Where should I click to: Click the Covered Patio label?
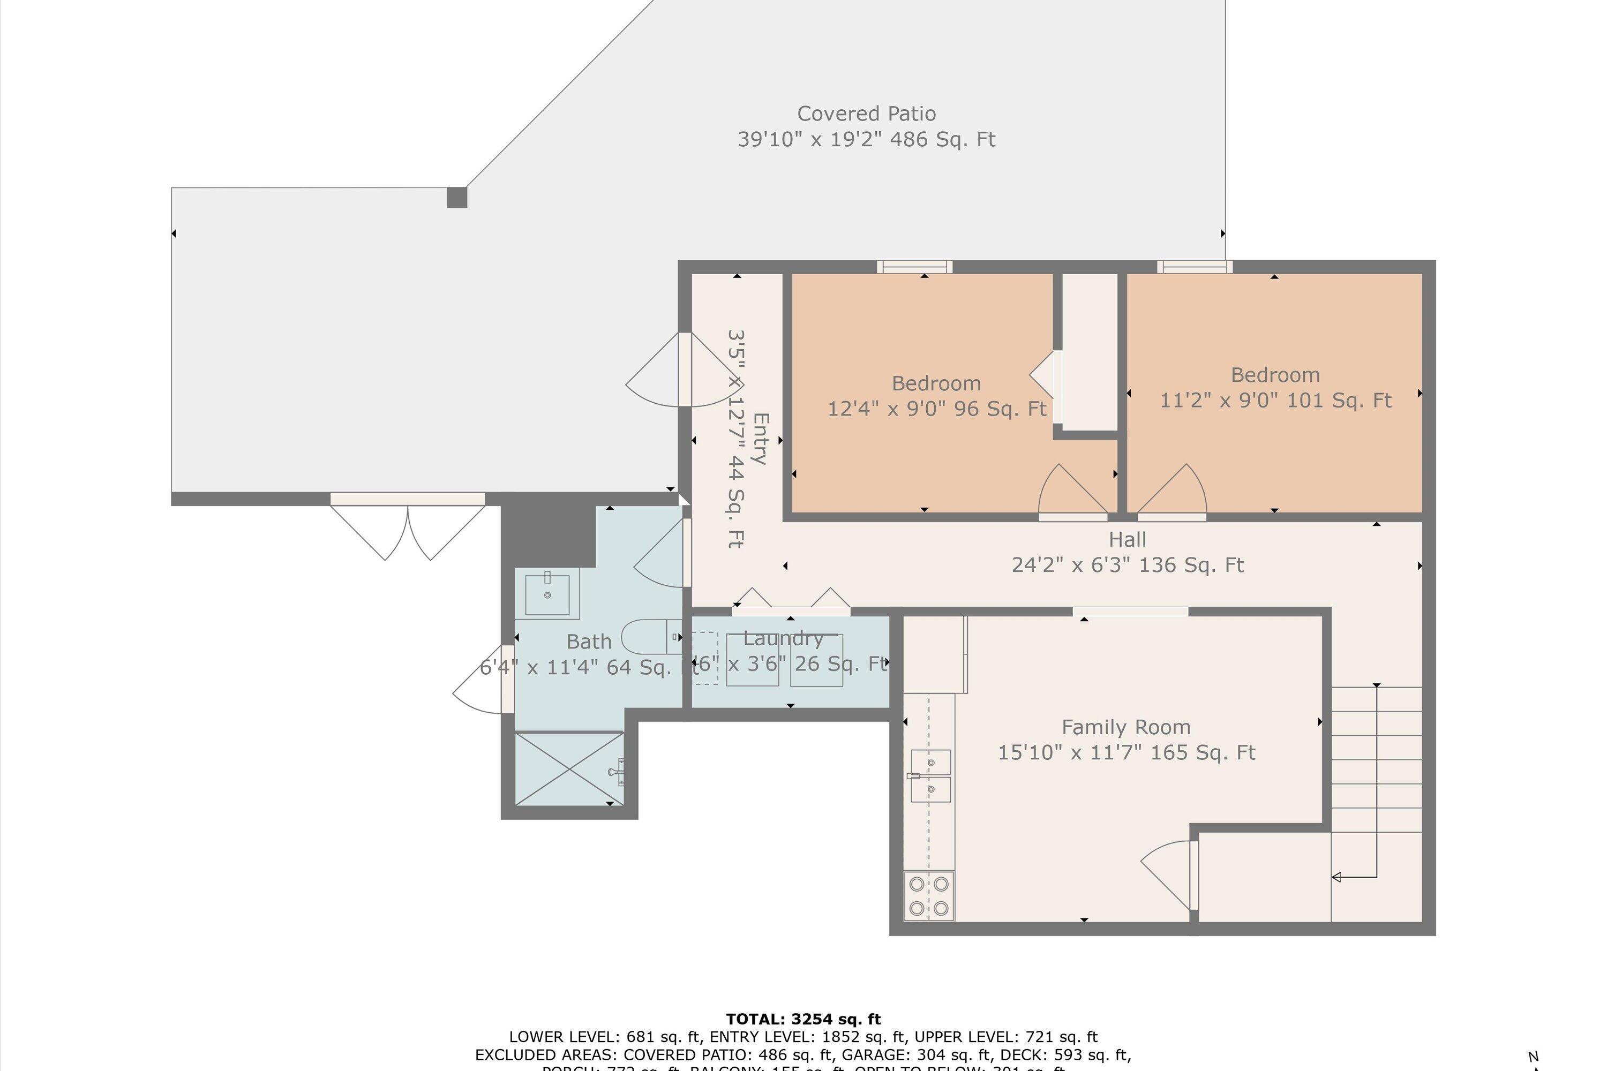[866, 114]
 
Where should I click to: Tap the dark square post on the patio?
[456, 198]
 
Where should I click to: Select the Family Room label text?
[1125, 727]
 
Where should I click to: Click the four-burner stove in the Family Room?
[928, 895]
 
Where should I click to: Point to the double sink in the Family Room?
[930, 775]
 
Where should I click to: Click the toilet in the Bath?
[649, 637]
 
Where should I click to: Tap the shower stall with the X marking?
[569, 768]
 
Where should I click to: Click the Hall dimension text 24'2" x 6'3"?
[1128, 565]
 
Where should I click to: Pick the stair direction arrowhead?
[1336, 877]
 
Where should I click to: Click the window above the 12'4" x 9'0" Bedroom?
[914, 266]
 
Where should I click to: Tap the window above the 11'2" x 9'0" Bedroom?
[1195, 266]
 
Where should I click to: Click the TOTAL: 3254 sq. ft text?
[803, 1020]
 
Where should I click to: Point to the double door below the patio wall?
[408, 530]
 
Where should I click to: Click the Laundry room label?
[783, 639]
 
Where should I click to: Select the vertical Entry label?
[760, 439]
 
